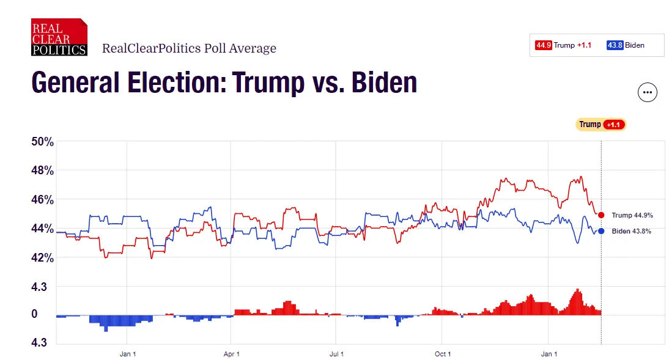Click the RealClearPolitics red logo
click(x=59, y=37)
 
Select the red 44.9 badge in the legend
click(x=544, y=45)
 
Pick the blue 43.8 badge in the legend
click(x=615, y=45)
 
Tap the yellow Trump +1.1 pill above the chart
click(x=601, y=125)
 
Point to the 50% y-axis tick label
click(x=43, y=142)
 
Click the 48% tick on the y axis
click(x=43, y=171)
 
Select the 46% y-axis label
click(x=43, y=200)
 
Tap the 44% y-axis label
click(x=43, y=229)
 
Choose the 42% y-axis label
click(x=43, y=257)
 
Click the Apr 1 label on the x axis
click(x=231, y=354)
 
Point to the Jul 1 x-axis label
click(x=336, y=354)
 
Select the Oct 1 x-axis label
click(x=442, y=354)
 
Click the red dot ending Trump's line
click(x=601, y=215)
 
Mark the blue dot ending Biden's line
click(x=601, y=231)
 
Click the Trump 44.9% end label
click(x=632, y=215)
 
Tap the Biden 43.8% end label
click(x=631, y=231)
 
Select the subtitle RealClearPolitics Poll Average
click(x=189, y=48)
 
